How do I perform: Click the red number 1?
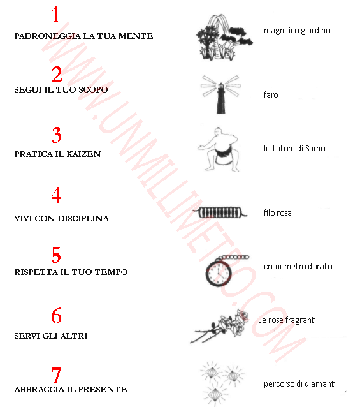tap(56, 15)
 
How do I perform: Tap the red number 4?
tap(56, 195)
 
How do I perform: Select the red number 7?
tap(56, 375)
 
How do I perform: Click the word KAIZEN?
tap(83, 154)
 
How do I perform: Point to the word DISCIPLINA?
tap(83, 219)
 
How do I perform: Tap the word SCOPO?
tap(93, 90)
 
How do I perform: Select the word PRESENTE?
tap(103, 390)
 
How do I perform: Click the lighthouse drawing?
tap(221, 94)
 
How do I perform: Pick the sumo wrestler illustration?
tap(219, 149)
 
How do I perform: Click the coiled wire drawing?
tap(220, 212)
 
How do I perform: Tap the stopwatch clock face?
tap(219, 274)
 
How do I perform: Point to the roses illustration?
tap(219, 326)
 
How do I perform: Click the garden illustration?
tap(224, 38)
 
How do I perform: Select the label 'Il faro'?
tap(268, 95)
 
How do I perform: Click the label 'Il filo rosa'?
tap(275, 212)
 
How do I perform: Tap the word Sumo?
tap(315, 149)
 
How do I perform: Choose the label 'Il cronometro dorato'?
tap(295, 266)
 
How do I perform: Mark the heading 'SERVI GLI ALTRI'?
tap(51, 336)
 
